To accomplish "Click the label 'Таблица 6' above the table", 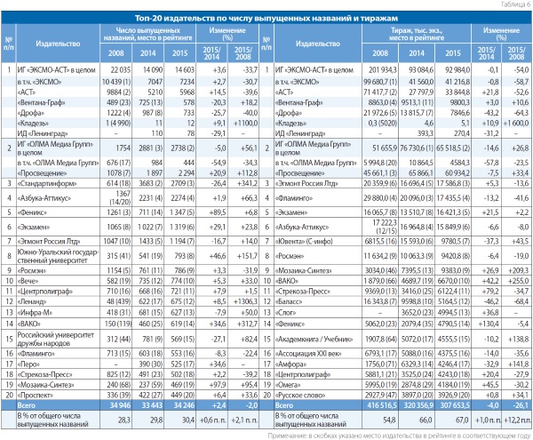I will (x=512, y=4).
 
